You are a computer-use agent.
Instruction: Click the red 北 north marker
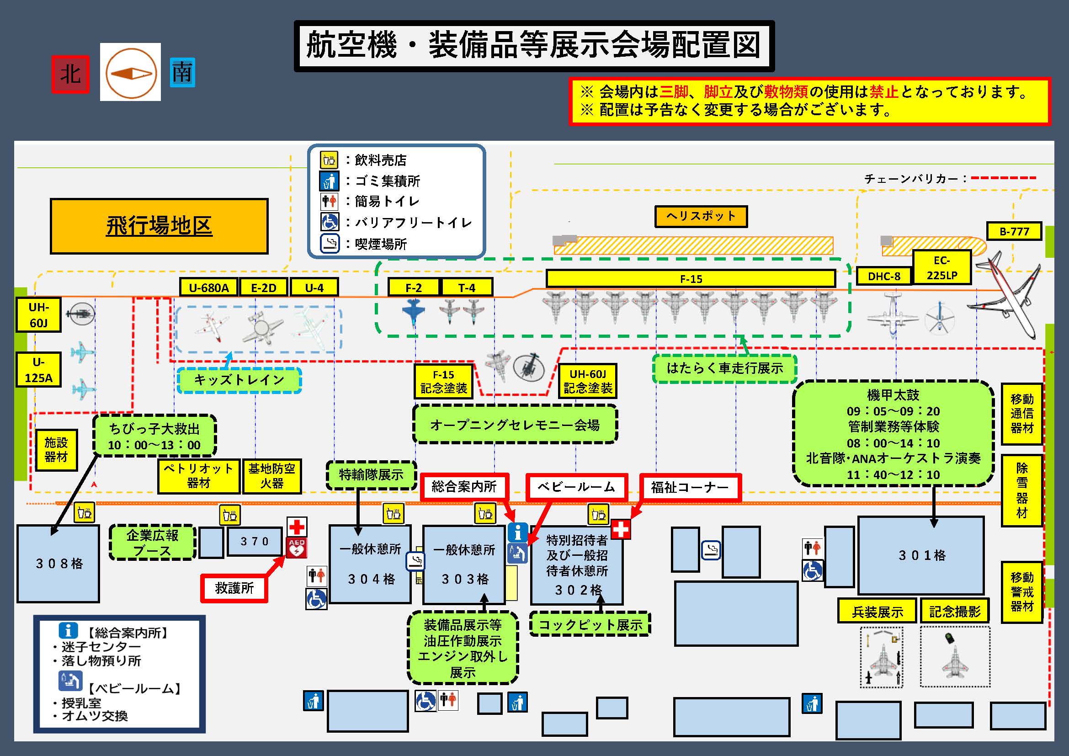click(70, 74)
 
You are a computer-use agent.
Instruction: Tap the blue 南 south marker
click(182, 73)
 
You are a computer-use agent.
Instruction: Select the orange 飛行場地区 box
click(159, 226)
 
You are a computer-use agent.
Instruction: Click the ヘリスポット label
click(701, 217)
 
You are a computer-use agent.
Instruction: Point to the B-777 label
click(1014, 231)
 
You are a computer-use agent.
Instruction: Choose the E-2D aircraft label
click(264, 287)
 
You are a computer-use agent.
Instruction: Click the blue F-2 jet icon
click(413, 312)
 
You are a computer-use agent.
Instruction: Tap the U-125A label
click(39, 370)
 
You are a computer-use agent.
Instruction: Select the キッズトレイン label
click(239, 380)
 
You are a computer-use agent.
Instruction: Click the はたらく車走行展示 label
click(724, 368)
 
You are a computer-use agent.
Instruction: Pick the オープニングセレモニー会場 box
click(515, 425)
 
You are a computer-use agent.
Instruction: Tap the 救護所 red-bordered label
click(234, 588)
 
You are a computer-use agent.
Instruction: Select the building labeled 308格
click(59, 563)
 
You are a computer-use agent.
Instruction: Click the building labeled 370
click(254, 541)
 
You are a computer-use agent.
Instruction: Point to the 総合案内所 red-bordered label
click(464, 487)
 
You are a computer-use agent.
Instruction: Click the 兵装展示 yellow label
click(877, 611)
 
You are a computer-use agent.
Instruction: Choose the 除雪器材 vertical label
click(1021, 490)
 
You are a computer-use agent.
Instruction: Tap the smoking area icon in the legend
click(330, 244)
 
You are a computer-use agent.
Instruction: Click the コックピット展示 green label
click(590, 624)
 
